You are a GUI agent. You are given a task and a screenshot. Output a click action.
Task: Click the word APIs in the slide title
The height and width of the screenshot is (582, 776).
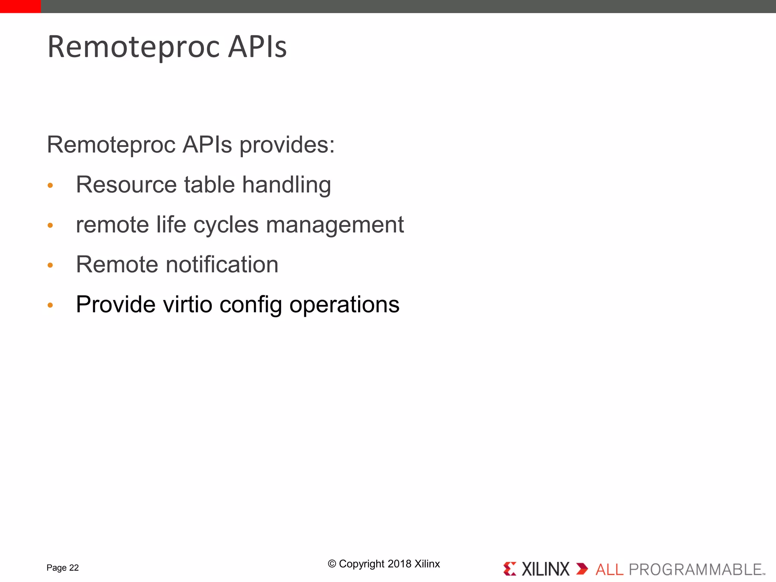(x=257, y=47)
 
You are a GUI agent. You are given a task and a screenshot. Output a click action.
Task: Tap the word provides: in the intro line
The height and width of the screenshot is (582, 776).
(x=287, y=145)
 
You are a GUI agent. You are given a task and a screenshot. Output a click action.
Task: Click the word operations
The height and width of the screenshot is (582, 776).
(x=344, y=305)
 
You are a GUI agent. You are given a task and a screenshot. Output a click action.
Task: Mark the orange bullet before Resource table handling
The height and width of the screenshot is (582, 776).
(x=50, y=186)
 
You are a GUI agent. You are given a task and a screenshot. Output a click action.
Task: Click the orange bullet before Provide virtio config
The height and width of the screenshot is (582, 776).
(x=50, y=305)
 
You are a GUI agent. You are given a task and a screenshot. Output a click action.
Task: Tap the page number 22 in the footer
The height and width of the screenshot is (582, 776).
(x=74, y=568)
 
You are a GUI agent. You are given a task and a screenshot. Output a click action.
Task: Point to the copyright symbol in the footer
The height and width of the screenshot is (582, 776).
(x=332, y=564)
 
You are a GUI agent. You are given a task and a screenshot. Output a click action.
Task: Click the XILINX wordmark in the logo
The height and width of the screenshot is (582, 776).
(x=545, y=569)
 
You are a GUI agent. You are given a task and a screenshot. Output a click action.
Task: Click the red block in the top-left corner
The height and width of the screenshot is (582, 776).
(x=20, y=6)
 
